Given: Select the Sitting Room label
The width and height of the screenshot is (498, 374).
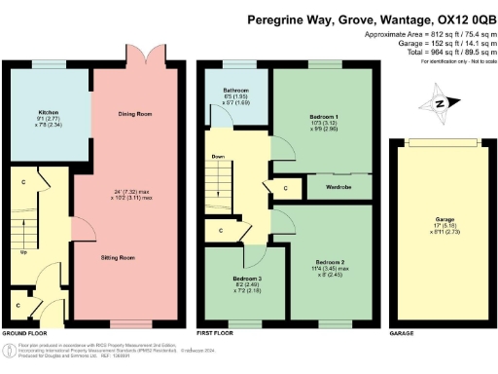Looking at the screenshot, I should pyautogui.click(x=119, y=258).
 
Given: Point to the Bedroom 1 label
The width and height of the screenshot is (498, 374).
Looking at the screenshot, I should pyautogui.click(x=321, y=114).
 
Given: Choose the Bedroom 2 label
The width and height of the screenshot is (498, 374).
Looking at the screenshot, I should pyautogui.click(x=329, y=236).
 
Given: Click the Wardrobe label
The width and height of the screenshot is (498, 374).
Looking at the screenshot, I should pyautogui.click(x=338, y=186).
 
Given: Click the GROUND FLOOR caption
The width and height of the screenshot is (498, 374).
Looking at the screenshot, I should pyautogui.click(x=23, y=332).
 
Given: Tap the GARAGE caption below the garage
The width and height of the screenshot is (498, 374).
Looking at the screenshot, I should pyautogui.click(x=401, y=332).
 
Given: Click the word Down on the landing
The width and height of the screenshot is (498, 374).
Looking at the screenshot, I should pyautogui.click(x=218, y=155).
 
